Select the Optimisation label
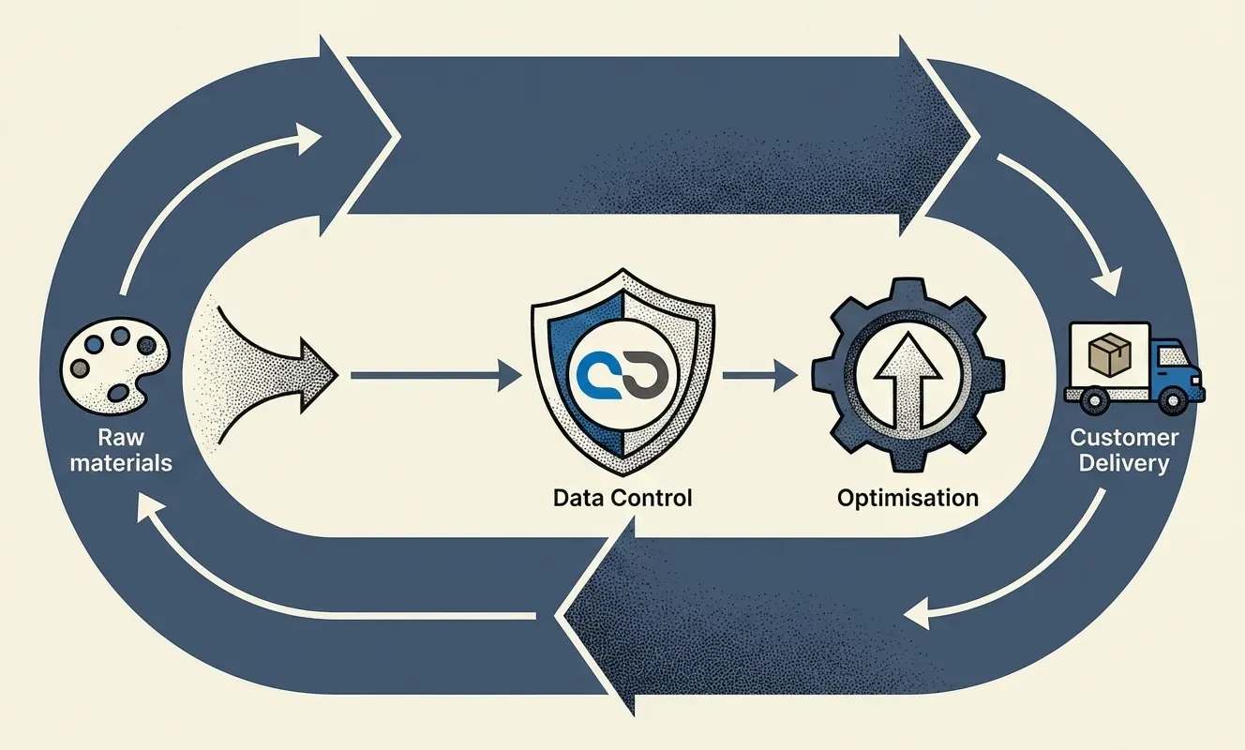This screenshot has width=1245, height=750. point(907,497)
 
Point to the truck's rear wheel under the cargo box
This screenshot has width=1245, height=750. point(1094,401)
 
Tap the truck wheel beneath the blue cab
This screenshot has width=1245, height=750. point(1173,401)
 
